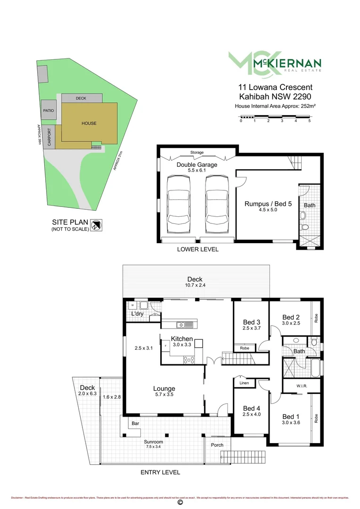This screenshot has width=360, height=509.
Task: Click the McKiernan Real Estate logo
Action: [275, 63]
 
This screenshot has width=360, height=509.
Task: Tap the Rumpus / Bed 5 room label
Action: [268, 204]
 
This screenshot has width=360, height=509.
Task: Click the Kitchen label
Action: [181, 339]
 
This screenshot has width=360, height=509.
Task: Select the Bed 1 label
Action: [291, 416]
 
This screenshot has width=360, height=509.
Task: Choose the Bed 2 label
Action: [291, 317]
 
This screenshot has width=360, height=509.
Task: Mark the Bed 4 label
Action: [251, 408]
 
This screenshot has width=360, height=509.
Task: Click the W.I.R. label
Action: [302, 386]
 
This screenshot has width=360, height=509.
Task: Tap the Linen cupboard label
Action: [244, 383]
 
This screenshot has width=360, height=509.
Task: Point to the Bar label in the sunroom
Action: [135, 424]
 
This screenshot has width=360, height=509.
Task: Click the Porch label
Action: [217, 445]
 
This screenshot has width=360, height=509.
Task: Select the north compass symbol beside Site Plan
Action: [97, 225]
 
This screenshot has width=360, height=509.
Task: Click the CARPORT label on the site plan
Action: [49, 137]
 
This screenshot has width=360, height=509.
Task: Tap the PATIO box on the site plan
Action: [49, 110]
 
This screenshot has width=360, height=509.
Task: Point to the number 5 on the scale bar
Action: [310, 121]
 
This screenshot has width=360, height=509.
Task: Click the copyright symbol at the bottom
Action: [180, 503]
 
